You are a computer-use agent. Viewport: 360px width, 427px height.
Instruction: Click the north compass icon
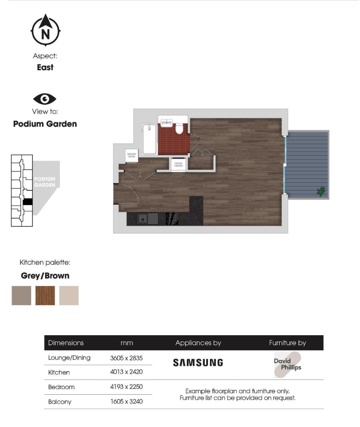[45, 30]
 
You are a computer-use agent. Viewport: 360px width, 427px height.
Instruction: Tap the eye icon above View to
[45, 99]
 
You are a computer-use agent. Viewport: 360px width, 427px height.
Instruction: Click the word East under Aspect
[45, 67]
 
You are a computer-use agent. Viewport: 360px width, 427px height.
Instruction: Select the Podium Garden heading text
[45, 124]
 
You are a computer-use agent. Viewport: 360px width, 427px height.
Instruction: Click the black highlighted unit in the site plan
[27, 202]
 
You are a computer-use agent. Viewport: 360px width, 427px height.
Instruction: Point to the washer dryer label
[131, 156]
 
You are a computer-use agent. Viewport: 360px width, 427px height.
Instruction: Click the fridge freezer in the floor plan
[178, 164]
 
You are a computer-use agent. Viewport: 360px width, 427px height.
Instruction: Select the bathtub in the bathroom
[150, 138]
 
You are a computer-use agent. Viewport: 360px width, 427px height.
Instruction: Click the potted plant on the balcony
[320, 192]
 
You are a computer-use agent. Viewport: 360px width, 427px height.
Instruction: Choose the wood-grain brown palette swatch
[45, 296]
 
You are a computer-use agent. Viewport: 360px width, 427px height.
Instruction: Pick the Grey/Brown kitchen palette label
[45, 276]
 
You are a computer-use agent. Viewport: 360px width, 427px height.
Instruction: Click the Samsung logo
[198, 363]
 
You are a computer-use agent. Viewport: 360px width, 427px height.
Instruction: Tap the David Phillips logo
[287, 365]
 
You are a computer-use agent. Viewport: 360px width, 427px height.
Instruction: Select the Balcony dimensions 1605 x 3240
[127, 401]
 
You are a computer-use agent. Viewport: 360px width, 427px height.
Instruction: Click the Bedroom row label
[61, 387]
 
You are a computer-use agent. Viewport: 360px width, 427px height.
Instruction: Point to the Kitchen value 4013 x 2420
[127, 372]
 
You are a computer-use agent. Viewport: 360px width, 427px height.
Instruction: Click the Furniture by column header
[287, 343]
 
